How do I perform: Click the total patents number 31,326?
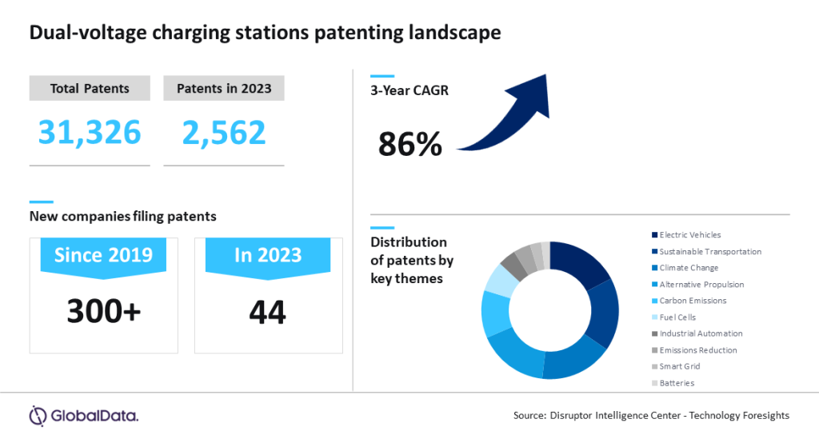[x=90, y=131]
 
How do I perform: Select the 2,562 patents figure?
[x=223, y=131]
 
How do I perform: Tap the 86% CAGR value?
[x=409, y=144]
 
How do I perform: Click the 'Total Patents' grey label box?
[x=90, y=88]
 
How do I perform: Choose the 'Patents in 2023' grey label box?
[x=223, y=88]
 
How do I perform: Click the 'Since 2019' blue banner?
[x=103, y=256]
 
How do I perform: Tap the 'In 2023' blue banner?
[x=268, y=256]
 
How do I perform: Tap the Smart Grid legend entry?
[x=680, y=366]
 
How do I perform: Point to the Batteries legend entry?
[x=677, y=383]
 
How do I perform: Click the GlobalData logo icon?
[x=38, y=416]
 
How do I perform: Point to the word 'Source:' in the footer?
[x=529, y=416]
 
